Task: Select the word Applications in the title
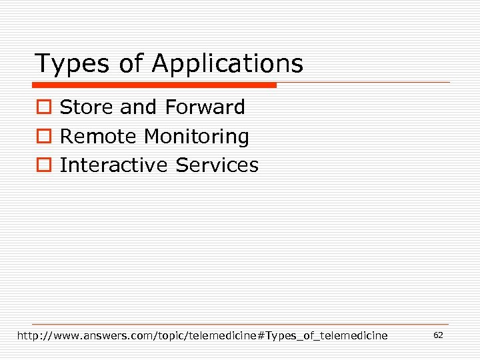click(227, 65)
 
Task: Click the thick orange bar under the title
click(154, 85)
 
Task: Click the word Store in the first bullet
click(87, 107)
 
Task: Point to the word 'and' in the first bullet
click(138, 107)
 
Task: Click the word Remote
click(99, 137)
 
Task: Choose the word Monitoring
click(197, 137)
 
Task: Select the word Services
click(217, 165)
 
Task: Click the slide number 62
click(438, 335)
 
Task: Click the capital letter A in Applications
click(160, 64)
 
